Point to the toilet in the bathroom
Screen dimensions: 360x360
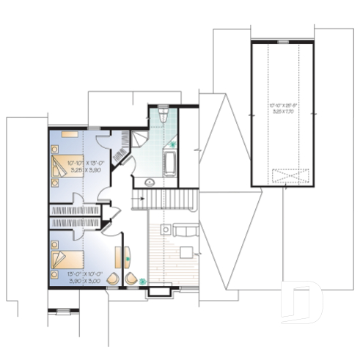(x=163, y=115)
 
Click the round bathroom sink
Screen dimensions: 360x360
(x=149, y=180)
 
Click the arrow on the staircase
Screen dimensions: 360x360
(x=138, y=197)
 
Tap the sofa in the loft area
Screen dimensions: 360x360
(x=184, y=230)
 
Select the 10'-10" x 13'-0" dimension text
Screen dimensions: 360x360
(x=85, y=163)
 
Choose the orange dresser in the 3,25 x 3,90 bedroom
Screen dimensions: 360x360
(x=70, y=134)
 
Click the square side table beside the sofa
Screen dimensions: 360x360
(x=166, y=229)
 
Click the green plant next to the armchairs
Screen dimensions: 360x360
(x=143, y=280)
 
